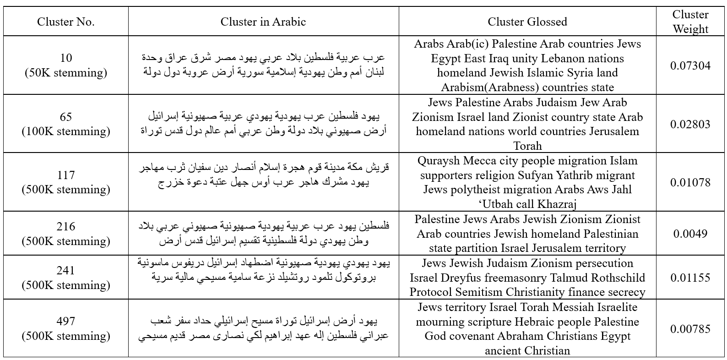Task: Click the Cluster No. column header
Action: (x=66, y=22)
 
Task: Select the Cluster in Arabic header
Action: (x=263, y=22)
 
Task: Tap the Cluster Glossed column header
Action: (x=527, y=22)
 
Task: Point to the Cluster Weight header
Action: (x=690, y=22)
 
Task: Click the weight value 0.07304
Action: (x=690, y=65)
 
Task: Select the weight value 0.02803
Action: (x=690, y=124)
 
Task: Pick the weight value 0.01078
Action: (x=690, y=182)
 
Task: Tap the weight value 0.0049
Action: (x=690, y=234)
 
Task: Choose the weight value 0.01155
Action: (x=690, y=278)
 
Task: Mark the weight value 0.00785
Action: (x=690, y=329)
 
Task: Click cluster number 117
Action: (x=66, y=175)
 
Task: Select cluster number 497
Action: (x=66, y=321)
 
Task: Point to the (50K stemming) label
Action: (x=66, y=73)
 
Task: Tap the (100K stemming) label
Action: (x=66, y=131)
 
